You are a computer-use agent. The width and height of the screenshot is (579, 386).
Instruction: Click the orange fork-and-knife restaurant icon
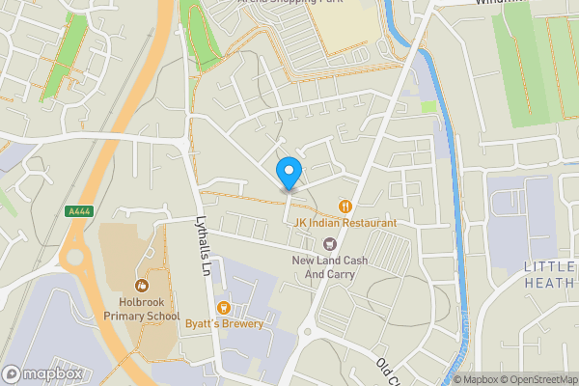point(345,206)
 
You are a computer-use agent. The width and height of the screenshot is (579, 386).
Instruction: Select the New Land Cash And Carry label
point(324,267)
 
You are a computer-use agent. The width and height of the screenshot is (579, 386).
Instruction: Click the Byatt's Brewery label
point(224,324)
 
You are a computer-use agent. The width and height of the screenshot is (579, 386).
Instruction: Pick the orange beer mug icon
point(224,307)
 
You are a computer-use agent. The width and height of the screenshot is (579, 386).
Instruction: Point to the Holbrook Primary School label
point(143,309)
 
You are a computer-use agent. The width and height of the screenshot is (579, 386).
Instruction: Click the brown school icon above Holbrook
point(143,286)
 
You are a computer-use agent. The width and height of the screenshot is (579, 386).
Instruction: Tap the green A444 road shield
point(78,211)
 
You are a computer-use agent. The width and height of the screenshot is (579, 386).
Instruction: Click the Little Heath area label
point(550,274)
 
